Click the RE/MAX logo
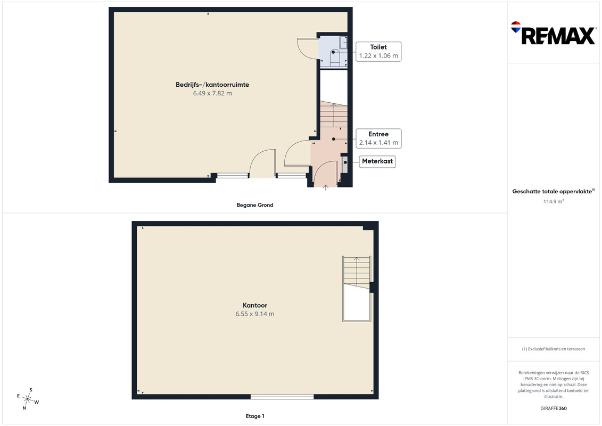point(553,33)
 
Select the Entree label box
point(378,138)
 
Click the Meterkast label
point(377,161)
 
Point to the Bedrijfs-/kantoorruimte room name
point(212,85)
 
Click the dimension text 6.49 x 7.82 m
point(212,93)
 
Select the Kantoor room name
point(255,305)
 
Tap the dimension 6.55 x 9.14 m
point(255,314)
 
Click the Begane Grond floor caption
point(255,205)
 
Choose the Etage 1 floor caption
point(255,416)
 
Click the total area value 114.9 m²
point(553,201)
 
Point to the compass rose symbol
point(28,399)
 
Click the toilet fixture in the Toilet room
point(335,58)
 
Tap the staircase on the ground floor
point(334,114)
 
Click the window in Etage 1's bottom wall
point(282,397)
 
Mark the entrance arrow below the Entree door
point(326,187)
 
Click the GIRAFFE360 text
point(553,408)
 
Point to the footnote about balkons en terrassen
point(553,349)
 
